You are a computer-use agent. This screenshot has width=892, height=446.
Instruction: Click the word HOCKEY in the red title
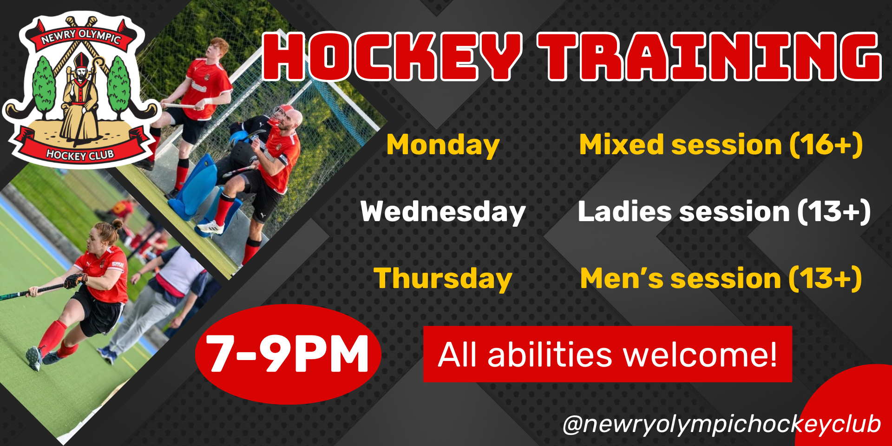(393, 57)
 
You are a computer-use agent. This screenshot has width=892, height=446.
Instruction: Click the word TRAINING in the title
(709, 57)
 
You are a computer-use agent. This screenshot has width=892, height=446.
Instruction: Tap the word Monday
(443, 145)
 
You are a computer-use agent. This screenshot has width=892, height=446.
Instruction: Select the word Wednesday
(443, 212)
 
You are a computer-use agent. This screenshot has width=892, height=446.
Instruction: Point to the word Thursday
(443, 279)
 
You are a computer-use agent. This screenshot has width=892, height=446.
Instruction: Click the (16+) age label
(826, 144)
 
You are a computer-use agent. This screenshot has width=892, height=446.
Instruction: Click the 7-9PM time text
(288, 354)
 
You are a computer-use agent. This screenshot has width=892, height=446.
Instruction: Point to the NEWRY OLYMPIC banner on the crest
(81, 36)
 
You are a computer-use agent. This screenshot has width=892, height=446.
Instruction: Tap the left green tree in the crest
(45, 88)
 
